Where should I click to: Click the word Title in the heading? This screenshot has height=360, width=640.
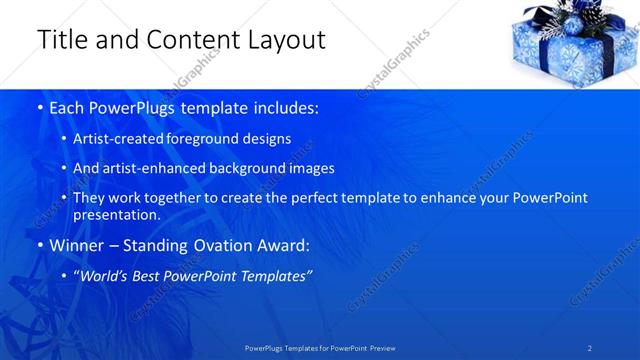click(59, 41)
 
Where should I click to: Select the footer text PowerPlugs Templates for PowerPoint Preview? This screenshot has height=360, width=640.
click(320, 347)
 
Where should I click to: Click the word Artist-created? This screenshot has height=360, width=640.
click(113, 139)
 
